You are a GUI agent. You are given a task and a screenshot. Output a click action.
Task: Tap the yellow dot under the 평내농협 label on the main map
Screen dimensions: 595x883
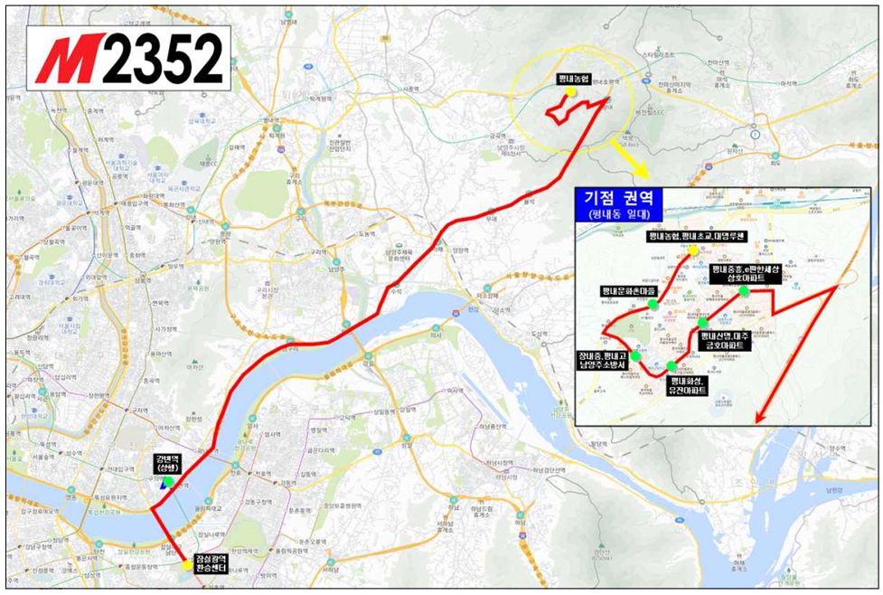click(x=571, y=92)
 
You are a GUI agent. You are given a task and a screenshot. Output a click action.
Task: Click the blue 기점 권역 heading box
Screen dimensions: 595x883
click(x=624, y=197)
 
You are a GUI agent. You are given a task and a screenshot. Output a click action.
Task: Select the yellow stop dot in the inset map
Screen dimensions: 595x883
click(x=692, y=249)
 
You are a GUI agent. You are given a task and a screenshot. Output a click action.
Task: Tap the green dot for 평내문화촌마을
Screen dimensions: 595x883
click(x=653, y=305)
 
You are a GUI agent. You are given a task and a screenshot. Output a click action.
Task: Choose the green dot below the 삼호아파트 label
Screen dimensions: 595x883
click(x=743, y=291)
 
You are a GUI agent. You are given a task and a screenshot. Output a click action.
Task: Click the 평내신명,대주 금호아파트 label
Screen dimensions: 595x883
click(x=726, y=340)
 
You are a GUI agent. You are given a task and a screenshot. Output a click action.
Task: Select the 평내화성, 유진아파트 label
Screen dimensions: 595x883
click(x=687, y=386)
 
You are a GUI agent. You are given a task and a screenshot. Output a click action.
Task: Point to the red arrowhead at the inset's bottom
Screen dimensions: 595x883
click(x=758, y=417)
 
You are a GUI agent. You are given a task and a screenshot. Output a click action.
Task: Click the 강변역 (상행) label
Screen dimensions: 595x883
click(x=168, y=464)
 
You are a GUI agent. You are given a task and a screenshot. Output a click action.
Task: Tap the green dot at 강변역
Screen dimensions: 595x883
click(x=168, y=482)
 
